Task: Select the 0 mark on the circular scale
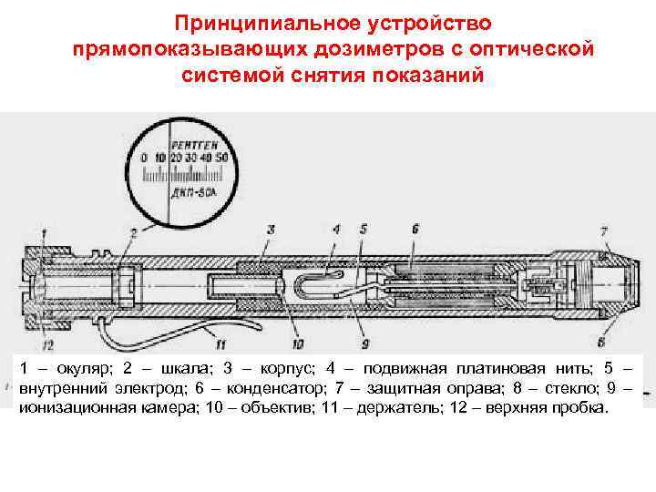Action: point(144,158)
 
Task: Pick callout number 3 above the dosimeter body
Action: point(271,230)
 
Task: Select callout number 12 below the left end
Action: point(47,343)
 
